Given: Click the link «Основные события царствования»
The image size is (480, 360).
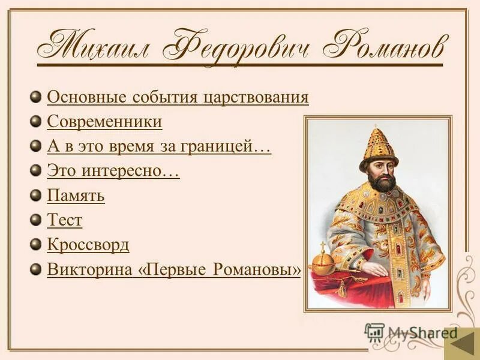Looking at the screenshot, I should tap(178, 97).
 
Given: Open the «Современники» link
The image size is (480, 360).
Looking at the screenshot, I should tap(104, 122).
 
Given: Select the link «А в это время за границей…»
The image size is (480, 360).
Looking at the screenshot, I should tap(159, 146).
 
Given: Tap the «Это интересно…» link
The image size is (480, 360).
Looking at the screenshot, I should tap(113, 171).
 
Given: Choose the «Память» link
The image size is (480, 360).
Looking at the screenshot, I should tap(76, 196).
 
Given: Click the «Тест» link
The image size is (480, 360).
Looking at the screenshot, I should tap(64, 220).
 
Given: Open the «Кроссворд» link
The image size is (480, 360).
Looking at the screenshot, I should tap(88, 245).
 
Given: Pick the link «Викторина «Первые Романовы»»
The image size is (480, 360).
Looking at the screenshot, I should tap(174, 270).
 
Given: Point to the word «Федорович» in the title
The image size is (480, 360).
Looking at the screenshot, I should tap(242, 47).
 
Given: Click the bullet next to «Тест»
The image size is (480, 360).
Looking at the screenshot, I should tap(37, 220).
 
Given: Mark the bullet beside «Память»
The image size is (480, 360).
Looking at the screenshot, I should tap(37, 195).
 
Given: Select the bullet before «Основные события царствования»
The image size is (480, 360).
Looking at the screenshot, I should tap(37, 97).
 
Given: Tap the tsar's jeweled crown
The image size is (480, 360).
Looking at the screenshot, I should tap(379, 146).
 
